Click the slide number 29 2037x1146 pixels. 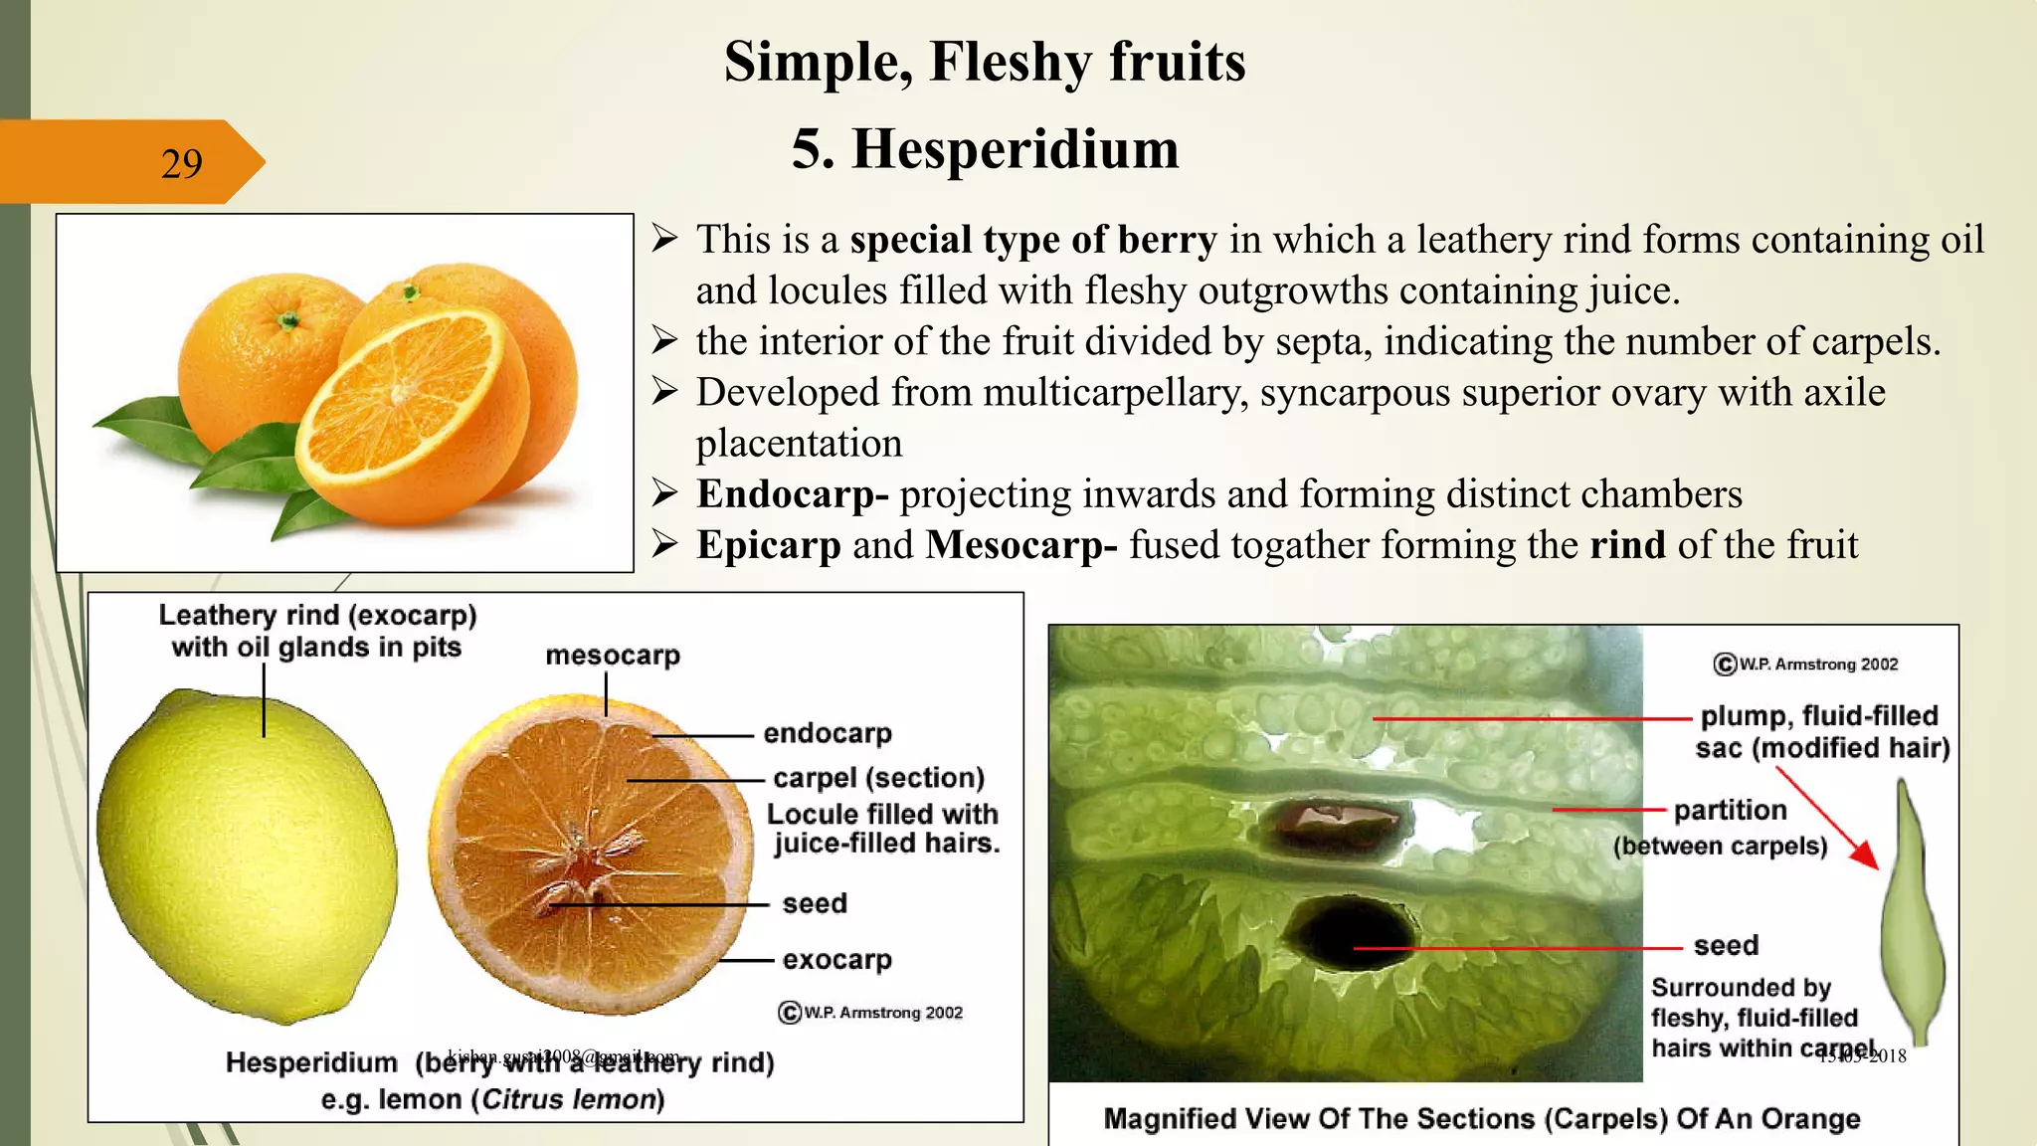(x=181, y=163)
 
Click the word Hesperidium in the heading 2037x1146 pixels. (x=1015, y=149)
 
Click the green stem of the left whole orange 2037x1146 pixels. (x=287, y=321)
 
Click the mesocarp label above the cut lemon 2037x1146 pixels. (x=613, y=656)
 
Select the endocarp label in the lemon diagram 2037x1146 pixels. (x=828, y=733)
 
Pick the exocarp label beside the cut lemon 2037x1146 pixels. (x=836, y=960)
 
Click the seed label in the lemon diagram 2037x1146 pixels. (x=815, y=903)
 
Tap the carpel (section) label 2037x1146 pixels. (x=878, y=778)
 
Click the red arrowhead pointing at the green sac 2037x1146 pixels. (x=1866, y=856)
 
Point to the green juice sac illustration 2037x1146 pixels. (x=1912, y=915)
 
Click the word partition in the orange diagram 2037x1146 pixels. (x=1730, y=810)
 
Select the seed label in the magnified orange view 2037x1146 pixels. (x=1726, y=945)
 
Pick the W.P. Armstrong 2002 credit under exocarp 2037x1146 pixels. (x=871, y=1013)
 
